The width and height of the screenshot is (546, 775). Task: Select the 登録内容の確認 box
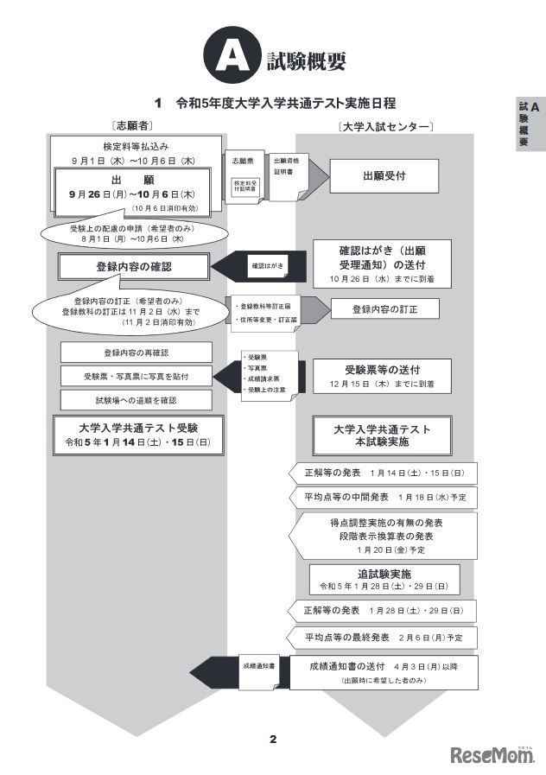133,267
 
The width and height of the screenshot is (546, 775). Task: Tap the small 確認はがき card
267,264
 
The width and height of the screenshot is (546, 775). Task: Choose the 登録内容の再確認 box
136,353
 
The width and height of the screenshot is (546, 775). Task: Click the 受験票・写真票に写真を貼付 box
136,376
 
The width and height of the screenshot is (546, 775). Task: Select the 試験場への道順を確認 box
136,400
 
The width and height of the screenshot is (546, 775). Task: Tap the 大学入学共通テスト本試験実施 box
383,435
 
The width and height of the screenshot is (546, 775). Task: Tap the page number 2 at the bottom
273,738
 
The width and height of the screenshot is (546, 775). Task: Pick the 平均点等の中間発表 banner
385,498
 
